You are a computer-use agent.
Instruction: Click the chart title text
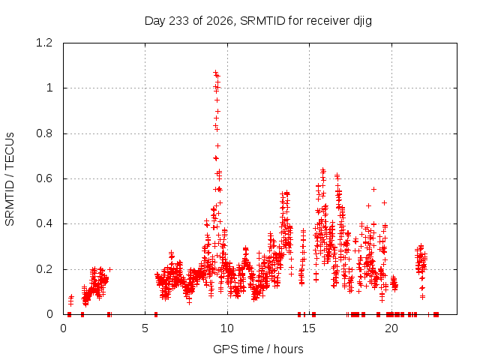pyautogui.click(x=258, y=21)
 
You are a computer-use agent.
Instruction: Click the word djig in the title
pyautogui.click(x=363, y=22)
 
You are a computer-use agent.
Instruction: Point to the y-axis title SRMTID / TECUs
pyautogui.click(x=10, y=179)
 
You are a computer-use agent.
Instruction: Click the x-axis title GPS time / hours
pyautogui.click(x=258, y=349)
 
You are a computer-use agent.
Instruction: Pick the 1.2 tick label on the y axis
pyautogui.click(x=44, y=43)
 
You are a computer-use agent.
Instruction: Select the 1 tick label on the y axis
pyautogui.click(x=49, y=88)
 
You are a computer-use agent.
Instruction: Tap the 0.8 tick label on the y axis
pyautogui.click(x=44, y=133)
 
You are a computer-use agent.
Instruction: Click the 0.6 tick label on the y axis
pyautogui.click(x=44, y=178)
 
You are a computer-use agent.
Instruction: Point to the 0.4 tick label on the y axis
pyautogui.click(x=44, y=223)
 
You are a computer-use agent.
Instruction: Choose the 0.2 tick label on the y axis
pyautogui.click(x=44, y=269)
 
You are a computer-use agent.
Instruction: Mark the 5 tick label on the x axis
pyautogui.click(x=145, y=328)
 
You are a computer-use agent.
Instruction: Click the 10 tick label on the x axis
pyautogui.click(x=227, y=328)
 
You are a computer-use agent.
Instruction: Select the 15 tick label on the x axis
pyautogui.click(x=309, y=328)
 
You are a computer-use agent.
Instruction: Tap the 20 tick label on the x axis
pyautogui.click(x=391, y=328)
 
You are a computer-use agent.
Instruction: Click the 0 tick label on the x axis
pyautogui.click(x=63, y=328)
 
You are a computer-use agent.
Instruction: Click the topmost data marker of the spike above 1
pyautogui.click(x=215, y=73)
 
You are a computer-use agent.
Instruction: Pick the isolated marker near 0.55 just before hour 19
pyautogui.click(x=373, y=190)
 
